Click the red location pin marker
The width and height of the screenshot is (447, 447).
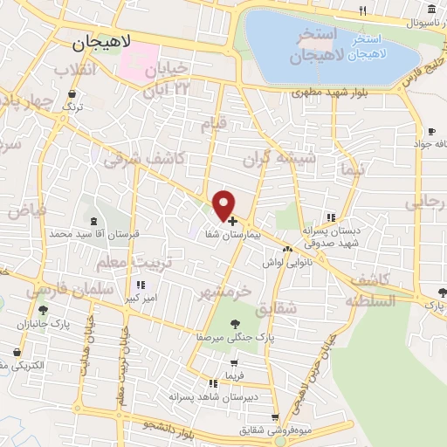[224, 203]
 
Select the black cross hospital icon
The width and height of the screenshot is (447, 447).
[232, 222]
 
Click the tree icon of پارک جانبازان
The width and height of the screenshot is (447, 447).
[43, 310]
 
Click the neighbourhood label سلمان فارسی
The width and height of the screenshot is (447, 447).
[71, 287]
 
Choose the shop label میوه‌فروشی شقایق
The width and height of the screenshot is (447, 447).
[277, 430]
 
